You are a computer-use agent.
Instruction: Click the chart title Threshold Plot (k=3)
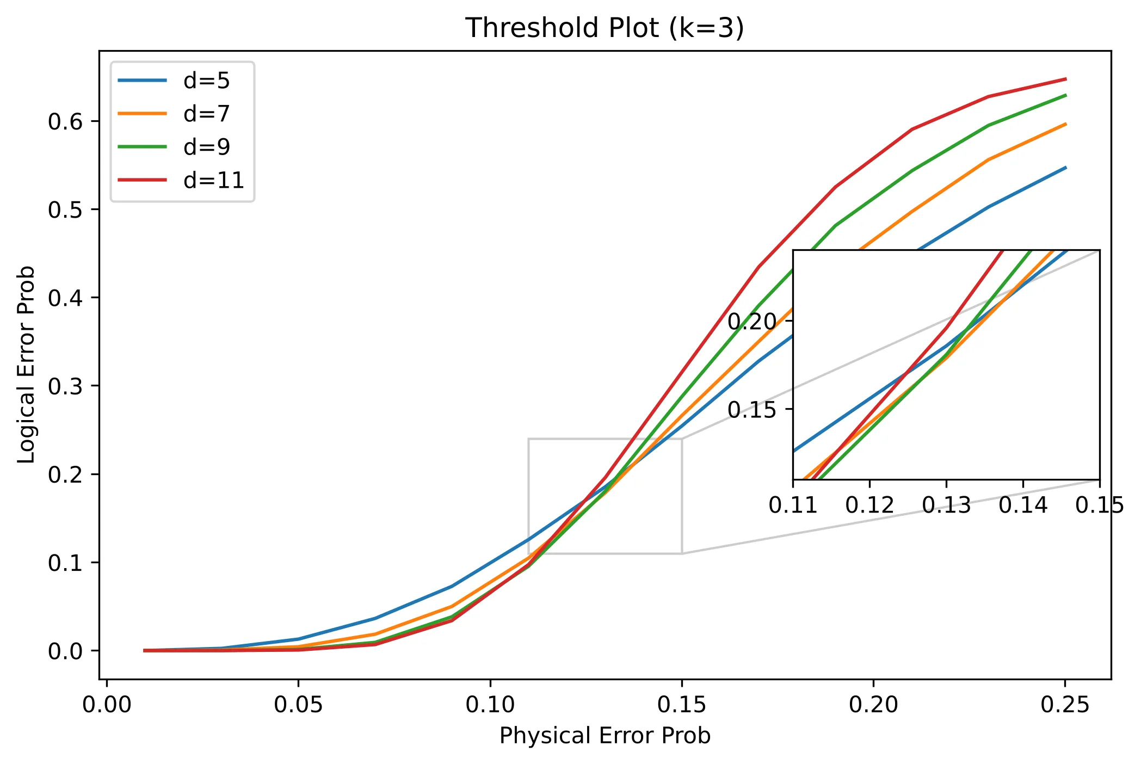pyautogui.click(x=605, y=28)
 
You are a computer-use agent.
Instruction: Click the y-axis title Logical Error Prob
pyautogui.click(x=26, y=365)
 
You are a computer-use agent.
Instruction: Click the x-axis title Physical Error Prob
pyautogui.click(x=605, y=736)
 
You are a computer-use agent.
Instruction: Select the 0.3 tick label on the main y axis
pyautogui.click(x=65, y=386)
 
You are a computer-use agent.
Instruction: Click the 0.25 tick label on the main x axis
pyautogui.click(x=1065, y=705)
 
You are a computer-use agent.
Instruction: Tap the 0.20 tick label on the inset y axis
pyautogui.click(x=752, y=321)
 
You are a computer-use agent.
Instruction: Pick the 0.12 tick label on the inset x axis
pyautogui.click(x=869, y=506)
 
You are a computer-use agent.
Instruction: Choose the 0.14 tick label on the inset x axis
pyautogui.click(x=1023, y=506)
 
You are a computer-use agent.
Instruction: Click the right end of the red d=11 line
pyautogui.click(x=1065, y=79)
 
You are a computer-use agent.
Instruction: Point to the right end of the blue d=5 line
pyautogui.click(x=1065, y=168)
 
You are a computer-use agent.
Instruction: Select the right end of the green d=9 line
pyautogui.click(x=1065, y=95)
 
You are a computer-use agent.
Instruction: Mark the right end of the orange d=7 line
pyautogui.click(x=1065, y=124)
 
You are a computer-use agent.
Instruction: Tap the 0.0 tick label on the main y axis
pyautogui.click(x=65, y=651)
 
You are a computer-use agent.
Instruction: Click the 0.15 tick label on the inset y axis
pyautogui.click(x=752, y=410)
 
